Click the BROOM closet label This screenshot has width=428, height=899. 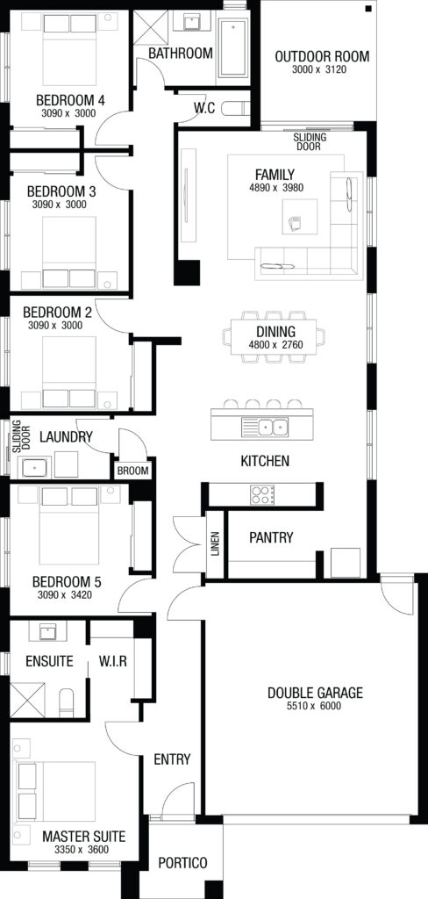tap(133, 471)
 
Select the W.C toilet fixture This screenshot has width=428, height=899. tap(236, 108)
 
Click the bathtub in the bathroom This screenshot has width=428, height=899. tap(234, 49)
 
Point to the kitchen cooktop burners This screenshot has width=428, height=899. tap(262, 495)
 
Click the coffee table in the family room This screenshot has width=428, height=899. tap(300, 216)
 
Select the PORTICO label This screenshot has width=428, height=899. tap(182, 863)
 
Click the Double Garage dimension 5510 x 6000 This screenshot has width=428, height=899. tap(315, 706)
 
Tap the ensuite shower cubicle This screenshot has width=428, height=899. tap(27, 699)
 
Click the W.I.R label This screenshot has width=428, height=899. tap(112, 661)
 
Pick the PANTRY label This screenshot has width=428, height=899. tap(271, 538)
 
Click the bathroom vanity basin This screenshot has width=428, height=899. tap(192, 23)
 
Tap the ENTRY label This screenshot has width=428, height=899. tap(172, 759)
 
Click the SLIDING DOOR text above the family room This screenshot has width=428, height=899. tap(310, 141)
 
